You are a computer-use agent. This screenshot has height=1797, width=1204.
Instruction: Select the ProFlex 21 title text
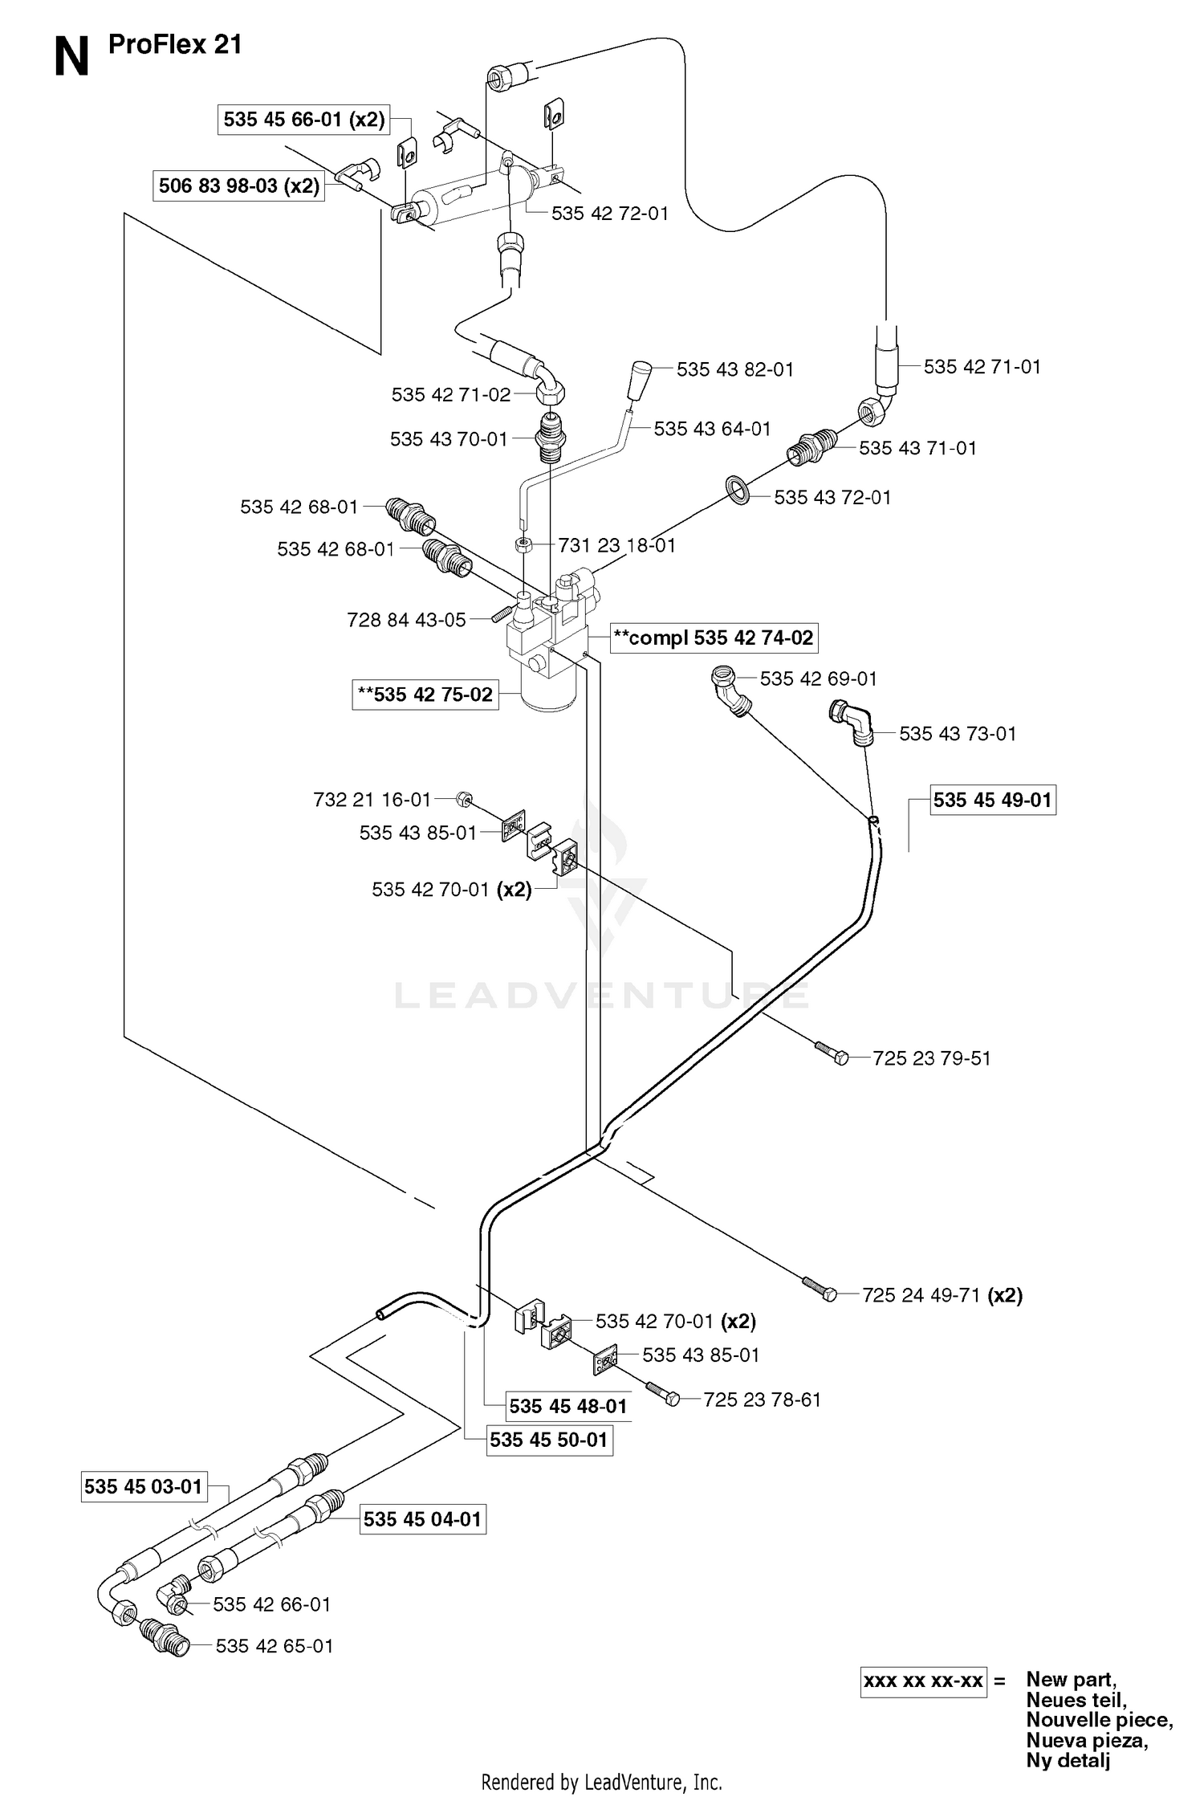(175, 45)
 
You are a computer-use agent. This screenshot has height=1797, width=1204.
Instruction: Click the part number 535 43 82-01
(734, 369)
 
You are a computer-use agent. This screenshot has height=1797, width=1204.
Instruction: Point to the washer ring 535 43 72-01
(737, 489)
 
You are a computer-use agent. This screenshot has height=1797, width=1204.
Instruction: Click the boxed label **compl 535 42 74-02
(714, 638)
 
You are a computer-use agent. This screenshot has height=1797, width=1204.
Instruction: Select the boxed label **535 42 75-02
(425, 695)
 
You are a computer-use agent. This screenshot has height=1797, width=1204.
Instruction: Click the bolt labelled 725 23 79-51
(832, 1053)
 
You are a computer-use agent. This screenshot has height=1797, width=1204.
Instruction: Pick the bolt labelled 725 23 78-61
(663, 1393)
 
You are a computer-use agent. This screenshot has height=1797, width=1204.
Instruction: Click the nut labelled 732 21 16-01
(463, 798)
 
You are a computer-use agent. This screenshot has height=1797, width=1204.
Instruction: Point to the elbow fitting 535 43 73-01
(852, 723)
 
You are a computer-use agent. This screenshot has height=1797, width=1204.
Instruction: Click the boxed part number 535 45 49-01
(993, 800)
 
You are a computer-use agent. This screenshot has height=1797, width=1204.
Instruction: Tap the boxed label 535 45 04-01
(422, 1519)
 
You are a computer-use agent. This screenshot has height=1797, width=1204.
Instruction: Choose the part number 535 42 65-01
(274, 1645)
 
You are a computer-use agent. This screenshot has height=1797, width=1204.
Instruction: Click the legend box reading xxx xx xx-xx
(923, 1681)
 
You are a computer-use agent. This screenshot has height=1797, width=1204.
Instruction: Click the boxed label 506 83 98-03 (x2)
(238, 185)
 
